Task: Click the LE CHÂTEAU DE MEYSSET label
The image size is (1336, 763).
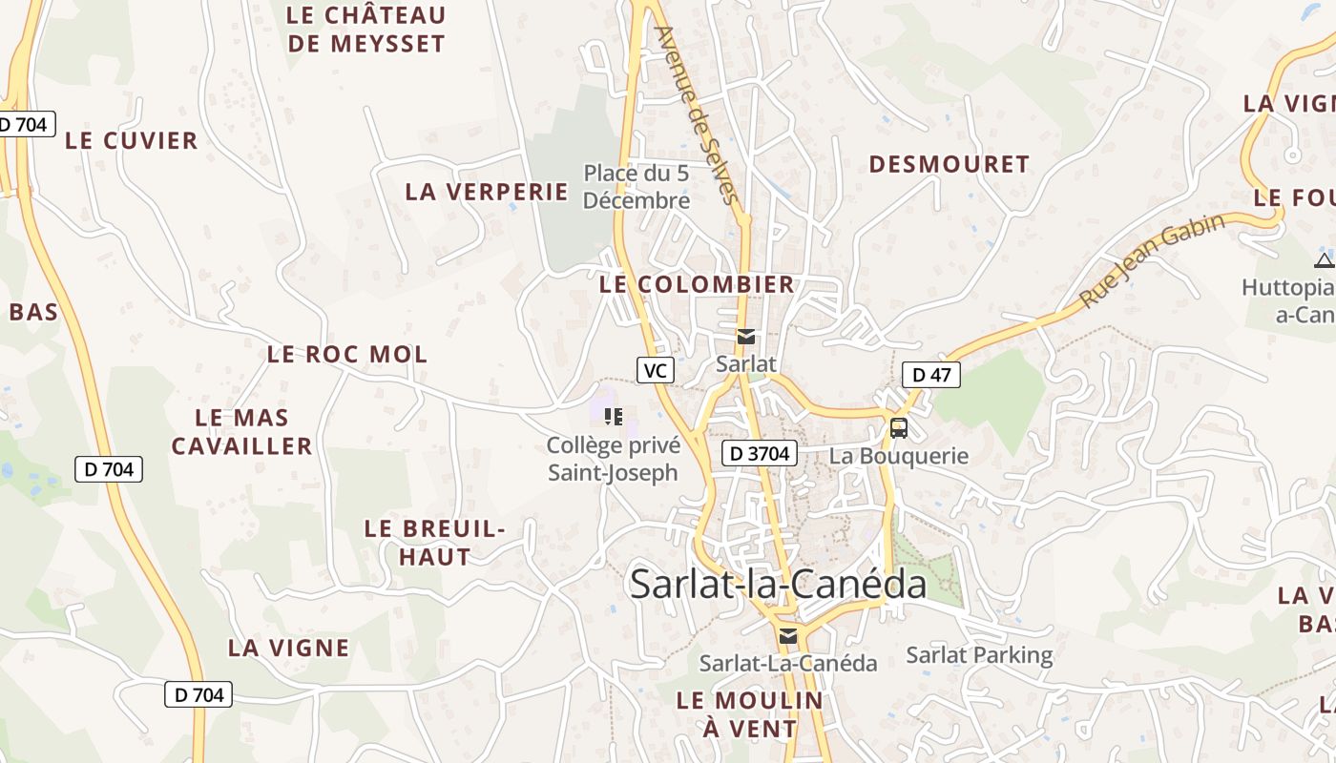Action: (366, 30)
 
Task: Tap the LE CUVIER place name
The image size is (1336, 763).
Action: (132, 140)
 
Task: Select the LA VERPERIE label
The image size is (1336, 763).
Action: (487, 192)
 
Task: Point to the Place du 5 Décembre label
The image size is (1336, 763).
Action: (637, 187)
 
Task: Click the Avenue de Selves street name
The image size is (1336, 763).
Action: (696, 115)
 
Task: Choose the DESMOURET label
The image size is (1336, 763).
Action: (949, 165)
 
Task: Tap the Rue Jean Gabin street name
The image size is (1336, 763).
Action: (1152, 260)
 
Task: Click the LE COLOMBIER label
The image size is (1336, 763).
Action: (697, 284)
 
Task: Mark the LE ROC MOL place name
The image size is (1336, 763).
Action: (347, 355)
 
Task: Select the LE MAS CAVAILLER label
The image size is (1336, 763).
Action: (241, 432)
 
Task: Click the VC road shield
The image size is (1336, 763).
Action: (656, 370)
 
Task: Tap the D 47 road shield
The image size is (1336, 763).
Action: (931, 375)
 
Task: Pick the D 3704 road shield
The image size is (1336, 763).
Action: (759, 454)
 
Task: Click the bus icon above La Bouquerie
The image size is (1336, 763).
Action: (899, 428)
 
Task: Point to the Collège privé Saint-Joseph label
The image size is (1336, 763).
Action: (614, 459)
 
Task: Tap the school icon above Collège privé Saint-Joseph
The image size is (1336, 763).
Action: (614, 416)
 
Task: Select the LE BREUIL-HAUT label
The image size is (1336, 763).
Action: (434, 543)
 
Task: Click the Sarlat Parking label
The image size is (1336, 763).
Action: (979, 655)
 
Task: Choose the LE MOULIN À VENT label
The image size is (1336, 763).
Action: (749, 714)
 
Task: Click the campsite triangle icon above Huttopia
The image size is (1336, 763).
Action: (1324, 260)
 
